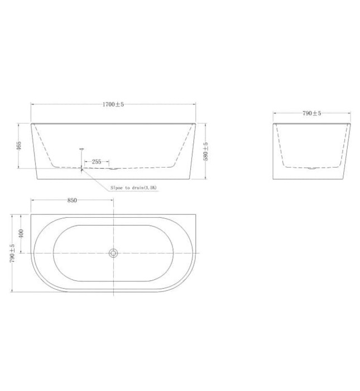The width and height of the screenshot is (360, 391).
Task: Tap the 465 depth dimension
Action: (19, 145)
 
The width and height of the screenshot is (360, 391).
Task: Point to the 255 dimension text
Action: (97, 162)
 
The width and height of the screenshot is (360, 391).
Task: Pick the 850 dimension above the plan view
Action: (71, 200)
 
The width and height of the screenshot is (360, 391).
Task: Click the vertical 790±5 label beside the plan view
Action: (13, 252)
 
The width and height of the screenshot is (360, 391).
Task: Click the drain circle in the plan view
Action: (113, 253)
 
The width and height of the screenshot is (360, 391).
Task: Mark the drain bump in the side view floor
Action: (113, 168)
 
